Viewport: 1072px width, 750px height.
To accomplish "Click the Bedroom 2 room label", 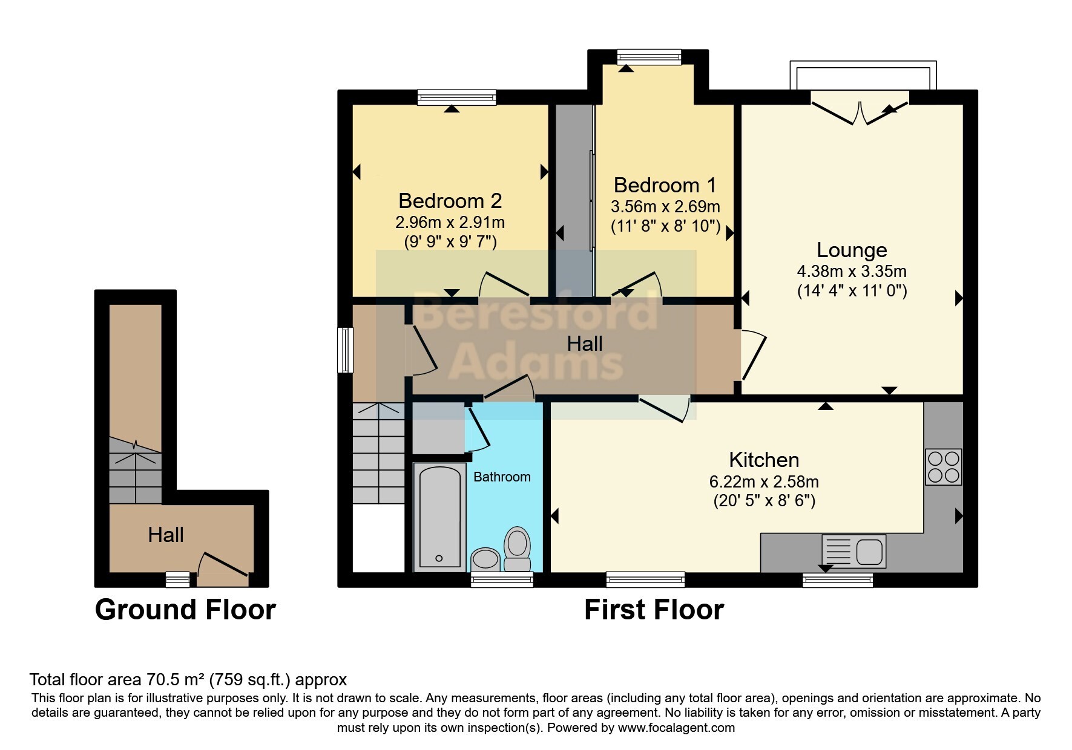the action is pos(450,201).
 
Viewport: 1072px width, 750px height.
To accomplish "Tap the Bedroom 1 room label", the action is pos(665,184).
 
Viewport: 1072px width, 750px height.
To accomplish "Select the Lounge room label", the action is pos(852,250).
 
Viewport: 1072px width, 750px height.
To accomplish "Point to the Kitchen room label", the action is pos(764,460).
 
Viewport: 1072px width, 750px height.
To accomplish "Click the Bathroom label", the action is pos(502,477).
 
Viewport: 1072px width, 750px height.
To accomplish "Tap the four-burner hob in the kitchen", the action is pos(943,467).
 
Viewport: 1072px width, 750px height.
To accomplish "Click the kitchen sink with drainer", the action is pos(853,551).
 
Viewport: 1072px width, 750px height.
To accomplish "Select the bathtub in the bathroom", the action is pos(439,518).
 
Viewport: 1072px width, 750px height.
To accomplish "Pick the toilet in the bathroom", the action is pos(517,549).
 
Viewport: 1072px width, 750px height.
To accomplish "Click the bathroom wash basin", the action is pos(485,559).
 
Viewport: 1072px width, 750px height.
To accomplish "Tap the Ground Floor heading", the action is pos(185,610).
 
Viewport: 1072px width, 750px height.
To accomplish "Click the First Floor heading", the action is pos(654,610).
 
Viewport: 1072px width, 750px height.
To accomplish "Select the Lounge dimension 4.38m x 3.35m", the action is pos(852,272).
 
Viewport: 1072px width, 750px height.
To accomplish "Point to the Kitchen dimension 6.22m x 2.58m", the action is pos(764,482).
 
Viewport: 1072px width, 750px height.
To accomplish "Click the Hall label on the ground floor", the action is pos(166,535).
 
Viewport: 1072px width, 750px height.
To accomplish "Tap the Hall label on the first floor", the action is pos(585,344).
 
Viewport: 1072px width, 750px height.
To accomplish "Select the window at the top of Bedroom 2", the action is pos(457,97).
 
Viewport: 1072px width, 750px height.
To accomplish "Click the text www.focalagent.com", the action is pos(676,728).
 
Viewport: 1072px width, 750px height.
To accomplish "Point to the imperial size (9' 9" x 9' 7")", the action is pos(450,242).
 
